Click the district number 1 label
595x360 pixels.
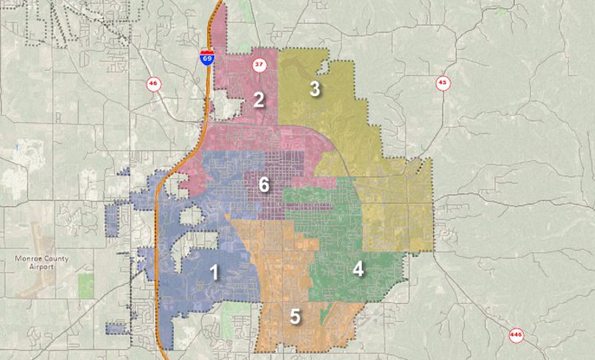[x=213, y=273]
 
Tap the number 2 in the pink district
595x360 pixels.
[x=259, y=99]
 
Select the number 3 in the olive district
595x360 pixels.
[x=315, y=89]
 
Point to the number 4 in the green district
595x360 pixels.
[x=359, y=269]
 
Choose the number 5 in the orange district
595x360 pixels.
[x=295, y=317]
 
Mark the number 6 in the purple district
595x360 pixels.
[x=264, y=186]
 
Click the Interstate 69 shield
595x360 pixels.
[x=206, y=57]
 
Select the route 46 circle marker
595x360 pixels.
[x=152, y=82]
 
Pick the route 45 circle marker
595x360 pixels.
[x=442, y=82]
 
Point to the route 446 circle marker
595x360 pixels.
[x=516, y=335]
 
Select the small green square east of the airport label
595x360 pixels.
[x=83, y=281]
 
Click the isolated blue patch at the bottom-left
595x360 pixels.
[x=116, y=328]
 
